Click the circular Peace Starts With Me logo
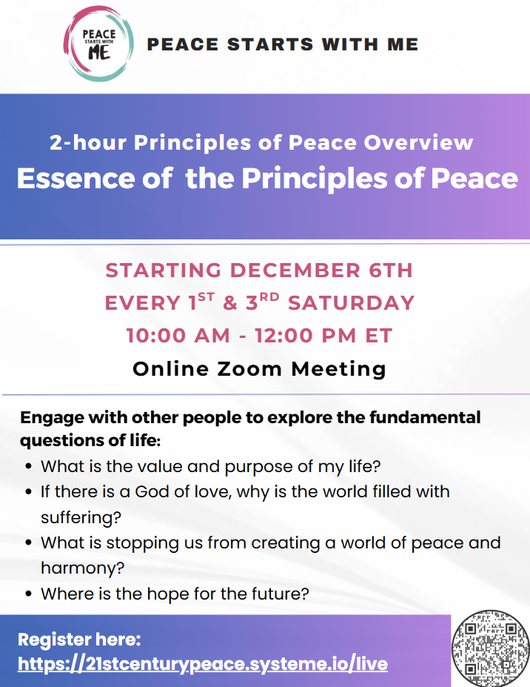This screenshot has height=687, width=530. [98, 44]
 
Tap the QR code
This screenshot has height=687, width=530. [490, 648]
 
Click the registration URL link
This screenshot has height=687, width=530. [203, 664]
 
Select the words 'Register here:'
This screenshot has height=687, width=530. [79, 640]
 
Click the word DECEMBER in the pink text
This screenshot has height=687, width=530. [295, 271]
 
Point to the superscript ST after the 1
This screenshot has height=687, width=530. [206, 297]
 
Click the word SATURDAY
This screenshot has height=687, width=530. [351, 303]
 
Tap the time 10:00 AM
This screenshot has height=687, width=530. [178, 336]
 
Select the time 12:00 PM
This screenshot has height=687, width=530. [306, 336]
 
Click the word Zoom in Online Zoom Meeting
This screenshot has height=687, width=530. [249, 369]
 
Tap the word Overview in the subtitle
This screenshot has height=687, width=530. [418, 143]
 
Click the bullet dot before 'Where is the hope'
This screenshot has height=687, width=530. [29, 594]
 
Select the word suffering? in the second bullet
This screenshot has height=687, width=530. [81, 517]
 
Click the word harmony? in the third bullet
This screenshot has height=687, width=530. [83, 568]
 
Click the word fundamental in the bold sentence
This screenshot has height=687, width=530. [425, 417]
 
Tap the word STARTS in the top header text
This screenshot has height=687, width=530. [270, 44]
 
